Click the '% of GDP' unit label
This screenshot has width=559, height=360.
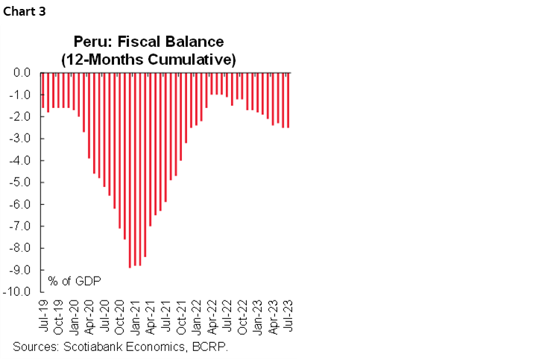tap(75, 280)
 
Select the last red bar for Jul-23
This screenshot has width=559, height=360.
tap(288, 101)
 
